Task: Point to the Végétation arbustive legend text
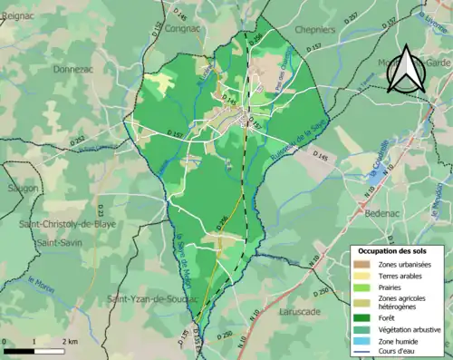(x=410, y=329)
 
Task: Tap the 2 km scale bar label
(x=68, y=340)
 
